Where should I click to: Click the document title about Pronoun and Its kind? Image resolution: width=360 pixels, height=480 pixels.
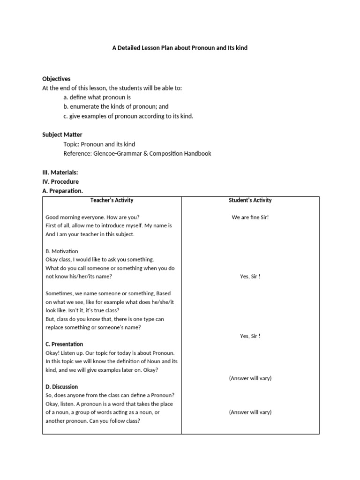coord(180,48)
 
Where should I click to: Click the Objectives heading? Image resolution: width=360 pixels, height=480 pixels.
coord(56,79)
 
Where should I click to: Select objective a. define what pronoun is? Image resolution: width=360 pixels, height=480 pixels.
coord(97,97)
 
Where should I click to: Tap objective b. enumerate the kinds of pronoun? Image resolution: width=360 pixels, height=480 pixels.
coord(116,106)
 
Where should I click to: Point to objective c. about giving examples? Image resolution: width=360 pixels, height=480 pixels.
coord(128,116)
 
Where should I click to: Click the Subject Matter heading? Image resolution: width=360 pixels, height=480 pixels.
coord(62,135)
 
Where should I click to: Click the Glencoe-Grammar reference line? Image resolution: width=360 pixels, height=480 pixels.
coord(137,153)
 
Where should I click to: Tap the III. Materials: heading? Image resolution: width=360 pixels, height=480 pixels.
coord(60,172)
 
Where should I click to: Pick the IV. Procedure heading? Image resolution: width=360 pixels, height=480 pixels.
coord(60,181)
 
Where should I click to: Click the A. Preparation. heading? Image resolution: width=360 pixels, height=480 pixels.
coord(62,191)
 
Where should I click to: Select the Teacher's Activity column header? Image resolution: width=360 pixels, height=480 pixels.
coord(112,200)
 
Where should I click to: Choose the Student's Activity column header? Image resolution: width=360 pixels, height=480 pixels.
coord(250,200)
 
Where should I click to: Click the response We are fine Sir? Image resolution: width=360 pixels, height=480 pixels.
coord(250,217)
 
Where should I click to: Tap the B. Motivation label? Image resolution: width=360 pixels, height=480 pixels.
coord(62,251)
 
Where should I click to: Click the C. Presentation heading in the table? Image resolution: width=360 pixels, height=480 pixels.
coord(64,344)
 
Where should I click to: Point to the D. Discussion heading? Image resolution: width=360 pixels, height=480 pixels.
coord(62,387)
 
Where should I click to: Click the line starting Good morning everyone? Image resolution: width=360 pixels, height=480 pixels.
coord(92,217)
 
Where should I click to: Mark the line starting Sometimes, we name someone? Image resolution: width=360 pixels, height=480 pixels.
coord(108,293)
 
